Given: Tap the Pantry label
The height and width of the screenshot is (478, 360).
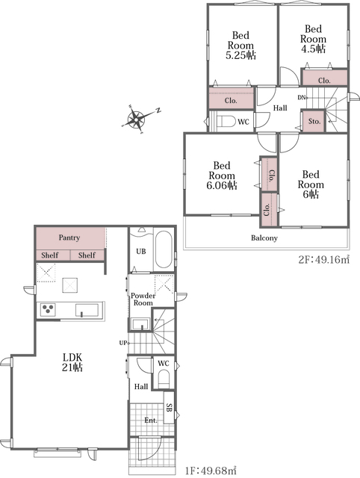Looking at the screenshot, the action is pos(69,238).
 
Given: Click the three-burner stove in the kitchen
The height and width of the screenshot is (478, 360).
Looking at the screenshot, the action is pos(48,310).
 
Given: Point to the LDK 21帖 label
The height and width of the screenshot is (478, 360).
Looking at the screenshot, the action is pos(72,362).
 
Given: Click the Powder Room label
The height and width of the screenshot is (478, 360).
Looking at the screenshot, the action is pos(143,299).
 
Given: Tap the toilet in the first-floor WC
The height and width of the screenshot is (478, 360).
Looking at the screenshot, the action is pos(164,379).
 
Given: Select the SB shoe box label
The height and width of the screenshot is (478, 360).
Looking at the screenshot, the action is pos(170,407).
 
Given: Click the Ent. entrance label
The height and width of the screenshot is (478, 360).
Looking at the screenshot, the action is pos(151,420).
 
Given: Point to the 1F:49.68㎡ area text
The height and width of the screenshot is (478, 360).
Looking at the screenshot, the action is pos(211,471).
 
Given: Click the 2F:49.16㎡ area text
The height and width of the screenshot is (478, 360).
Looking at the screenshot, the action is pos(323,260).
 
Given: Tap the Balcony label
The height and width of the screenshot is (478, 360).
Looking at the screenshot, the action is pos(264,238).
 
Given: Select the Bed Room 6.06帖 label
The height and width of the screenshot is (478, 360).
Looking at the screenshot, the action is pos(222,176).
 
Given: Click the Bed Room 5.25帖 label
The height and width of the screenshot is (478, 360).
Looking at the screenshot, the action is pos(240,46).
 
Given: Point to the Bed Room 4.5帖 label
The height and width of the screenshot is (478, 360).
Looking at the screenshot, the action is pos(313,39).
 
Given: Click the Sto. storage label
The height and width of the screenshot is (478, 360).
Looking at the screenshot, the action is pos(314,121).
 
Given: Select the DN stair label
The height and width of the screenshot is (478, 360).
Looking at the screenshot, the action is pos(302,98).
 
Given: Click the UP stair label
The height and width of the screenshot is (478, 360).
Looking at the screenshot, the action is pos(123,343).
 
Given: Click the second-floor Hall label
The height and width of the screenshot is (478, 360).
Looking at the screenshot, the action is pos(280,108).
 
